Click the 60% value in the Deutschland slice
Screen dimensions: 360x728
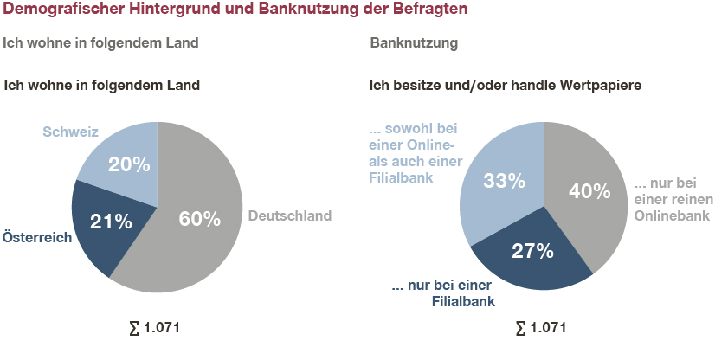[x=200, y=218]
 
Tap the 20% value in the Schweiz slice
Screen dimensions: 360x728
[x=129, y=164]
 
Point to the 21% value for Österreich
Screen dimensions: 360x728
[x=111, y=221]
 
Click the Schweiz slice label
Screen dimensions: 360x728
[x=70, y=132]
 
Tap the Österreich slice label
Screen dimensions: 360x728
[x=36, y=237]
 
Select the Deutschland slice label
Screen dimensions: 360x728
[x=289, y=216]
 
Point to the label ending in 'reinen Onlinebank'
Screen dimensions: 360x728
[x=672, y=200]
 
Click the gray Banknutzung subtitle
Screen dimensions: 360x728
[x=414, y=42]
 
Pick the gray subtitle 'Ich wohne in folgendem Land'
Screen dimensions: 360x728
[x=101, y=42]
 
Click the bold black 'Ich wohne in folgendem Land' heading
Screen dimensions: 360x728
[x=102, y=86]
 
